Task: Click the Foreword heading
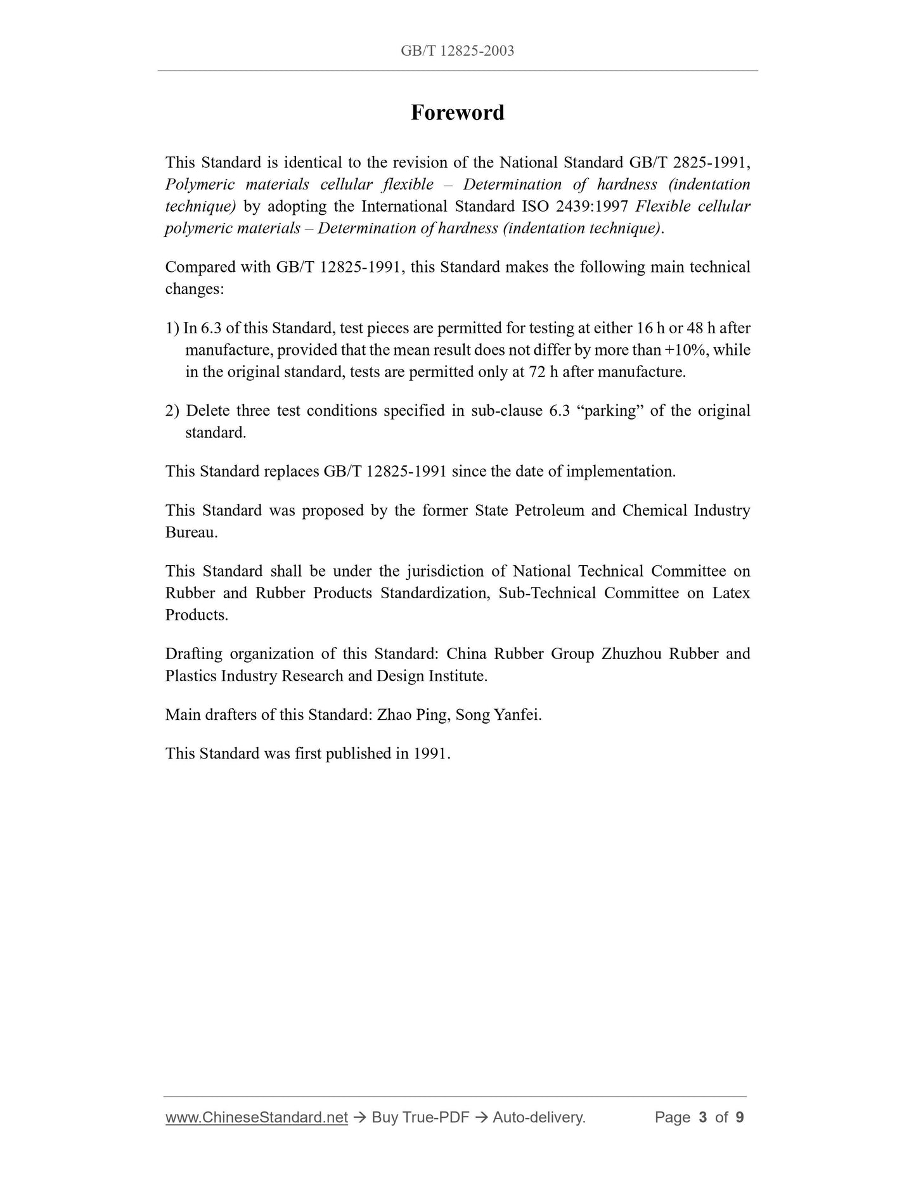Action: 457,113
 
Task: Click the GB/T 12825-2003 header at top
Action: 457,51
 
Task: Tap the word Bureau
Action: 190,532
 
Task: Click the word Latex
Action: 731,593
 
